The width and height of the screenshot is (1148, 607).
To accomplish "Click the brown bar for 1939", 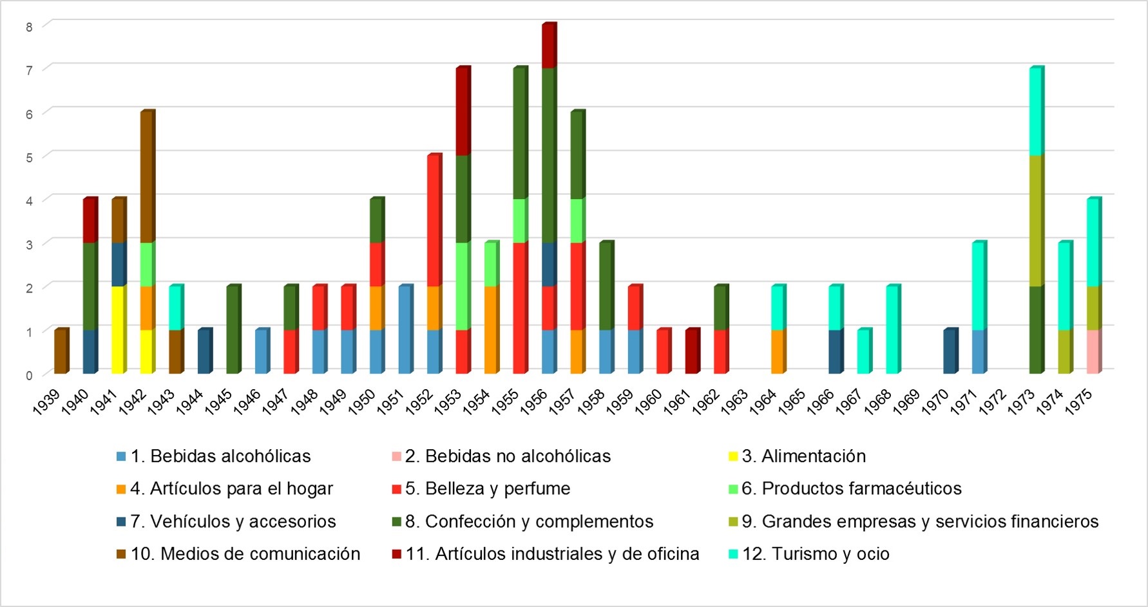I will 60,352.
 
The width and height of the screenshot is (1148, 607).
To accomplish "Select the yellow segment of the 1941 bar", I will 117,330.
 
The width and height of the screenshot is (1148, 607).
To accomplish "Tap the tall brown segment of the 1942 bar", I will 146,177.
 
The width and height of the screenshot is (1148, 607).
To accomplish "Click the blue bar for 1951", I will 404,330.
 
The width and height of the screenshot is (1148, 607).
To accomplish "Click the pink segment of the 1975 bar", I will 1093,352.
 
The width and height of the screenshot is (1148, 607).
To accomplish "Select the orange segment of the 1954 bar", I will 490,330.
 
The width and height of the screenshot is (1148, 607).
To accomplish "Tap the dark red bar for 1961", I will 691,352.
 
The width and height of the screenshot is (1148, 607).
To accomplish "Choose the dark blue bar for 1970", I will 950,352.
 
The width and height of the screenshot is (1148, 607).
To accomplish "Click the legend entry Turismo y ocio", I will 816,554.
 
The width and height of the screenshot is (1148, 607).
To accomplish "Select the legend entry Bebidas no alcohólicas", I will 508,456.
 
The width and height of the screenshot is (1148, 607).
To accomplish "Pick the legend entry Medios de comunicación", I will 245,554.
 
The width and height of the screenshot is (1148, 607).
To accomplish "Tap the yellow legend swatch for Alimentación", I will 733,457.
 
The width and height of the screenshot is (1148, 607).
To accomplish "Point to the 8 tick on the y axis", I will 29,26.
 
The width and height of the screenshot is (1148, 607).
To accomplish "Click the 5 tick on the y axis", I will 29,157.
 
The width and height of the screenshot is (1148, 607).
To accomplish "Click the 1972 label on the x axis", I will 993,401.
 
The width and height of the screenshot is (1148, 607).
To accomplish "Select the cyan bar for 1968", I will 892,330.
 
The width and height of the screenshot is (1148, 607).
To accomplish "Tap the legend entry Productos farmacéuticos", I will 851,488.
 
